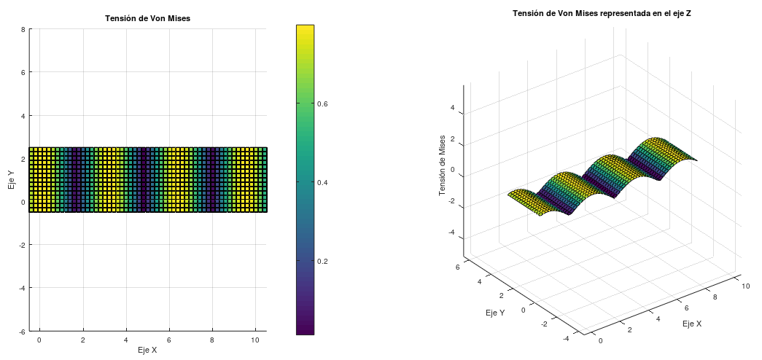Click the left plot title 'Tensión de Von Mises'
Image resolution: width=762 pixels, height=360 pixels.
148,17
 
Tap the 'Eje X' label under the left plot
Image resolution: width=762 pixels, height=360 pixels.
147,350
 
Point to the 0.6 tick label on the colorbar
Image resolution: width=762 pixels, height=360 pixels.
322,103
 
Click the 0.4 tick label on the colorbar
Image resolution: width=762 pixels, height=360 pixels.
322,182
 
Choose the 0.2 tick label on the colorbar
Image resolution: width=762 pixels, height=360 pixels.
322,261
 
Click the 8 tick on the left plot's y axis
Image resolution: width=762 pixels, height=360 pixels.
23,30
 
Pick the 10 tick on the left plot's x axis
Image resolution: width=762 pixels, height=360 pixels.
255,340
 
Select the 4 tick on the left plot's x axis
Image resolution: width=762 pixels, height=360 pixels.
126,340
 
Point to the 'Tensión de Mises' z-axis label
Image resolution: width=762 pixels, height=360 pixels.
442,165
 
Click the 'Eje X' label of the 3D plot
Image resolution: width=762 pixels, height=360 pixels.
692,323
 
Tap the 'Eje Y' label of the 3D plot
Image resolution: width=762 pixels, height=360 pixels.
494,313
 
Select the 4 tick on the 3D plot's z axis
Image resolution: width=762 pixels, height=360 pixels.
452,109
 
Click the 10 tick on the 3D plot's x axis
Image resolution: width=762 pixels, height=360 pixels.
745,286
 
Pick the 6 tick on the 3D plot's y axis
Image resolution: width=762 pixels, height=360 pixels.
457,267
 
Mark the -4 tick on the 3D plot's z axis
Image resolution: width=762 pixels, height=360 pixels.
451,232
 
